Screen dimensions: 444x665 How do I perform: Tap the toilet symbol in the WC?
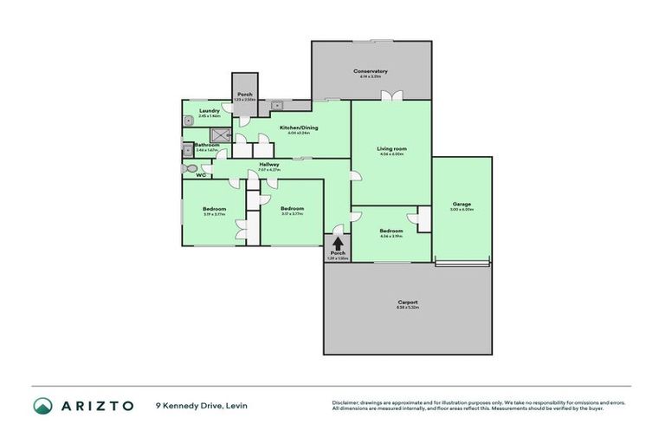tap(189, 167)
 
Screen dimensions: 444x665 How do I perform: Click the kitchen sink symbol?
tap(278, 106)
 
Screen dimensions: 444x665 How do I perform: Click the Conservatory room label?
tap(370, 71)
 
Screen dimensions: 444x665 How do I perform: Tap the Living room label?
tap(391, 148)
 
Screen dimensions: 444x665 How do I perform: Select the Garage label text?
tap(462, 204)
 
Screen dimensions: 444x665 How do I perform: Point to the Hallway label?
tap(268, 164)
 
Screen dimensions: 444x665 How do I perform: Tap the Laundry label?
tap(209, 110)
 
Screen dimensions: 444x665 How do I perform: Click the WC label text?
tap(200, 176)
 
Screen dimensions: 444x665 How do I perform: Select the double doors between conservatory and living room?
tap(391, 95)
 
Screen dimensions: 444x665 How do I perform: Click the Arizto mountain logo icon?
tap(42, 405)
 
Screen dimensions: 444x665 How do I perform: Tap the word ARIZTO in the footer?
tap(97, 405)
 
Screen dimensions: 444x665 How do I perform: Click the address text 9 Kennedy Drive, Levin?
tap(197, 405)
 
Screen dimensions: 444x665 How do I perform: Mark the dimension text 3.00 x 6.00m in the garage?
tap(462, 210)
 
